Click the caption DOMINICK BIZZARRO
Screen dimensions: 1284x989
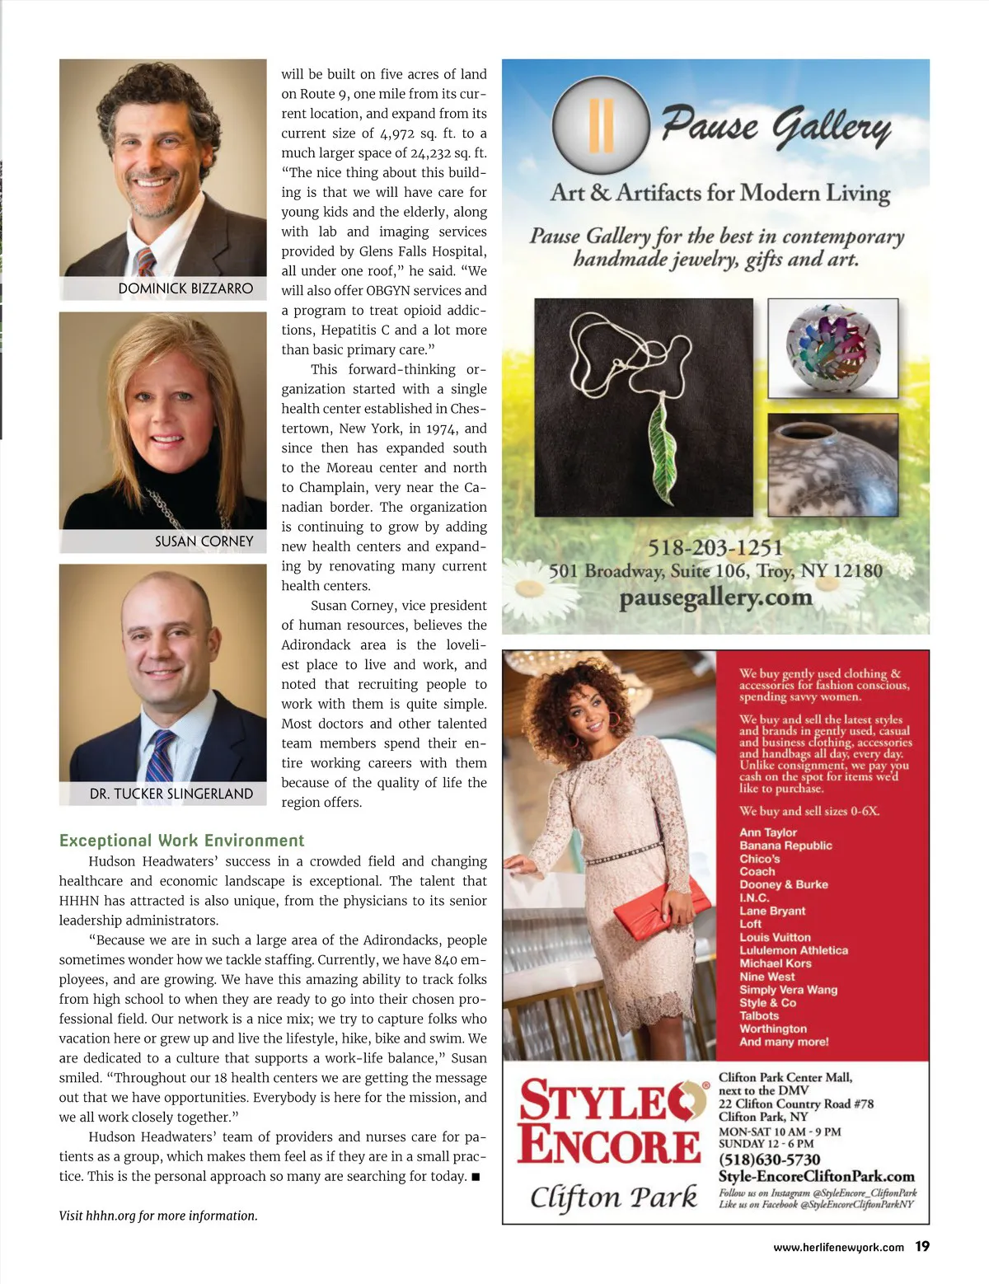tap(185, 288)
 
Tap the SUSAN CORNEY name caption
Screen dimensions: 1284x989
tap(204, 541)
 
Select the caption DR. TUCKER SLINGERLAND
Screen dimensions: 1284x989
tap(171, 794)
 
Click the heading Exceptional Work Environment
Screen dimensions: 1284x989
tap(181, 841)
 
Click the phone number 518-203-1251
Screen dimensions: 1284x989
tap(715, 547)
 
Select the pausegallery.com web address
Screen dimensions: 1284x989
tap(715, 597)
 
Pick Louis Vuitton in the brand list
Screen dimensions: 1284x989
tap(775, 937)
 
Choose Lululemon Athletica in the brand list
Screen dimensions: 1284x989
tap(793, 950)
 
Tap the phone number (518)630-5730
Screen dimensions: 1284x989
tap(769, 1160)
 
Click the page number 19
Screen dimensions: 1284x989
tap(922, 1246)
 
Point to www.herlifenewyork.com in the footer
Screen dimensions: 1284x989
tap(838, 1248)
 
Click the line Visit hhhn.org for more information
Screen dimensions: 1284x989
tap(158, 1216)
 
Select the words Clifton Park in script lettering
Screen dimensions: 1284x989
tap(613, 1197)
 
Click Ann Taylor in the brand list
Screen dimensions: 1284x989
tap(767, 832)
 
